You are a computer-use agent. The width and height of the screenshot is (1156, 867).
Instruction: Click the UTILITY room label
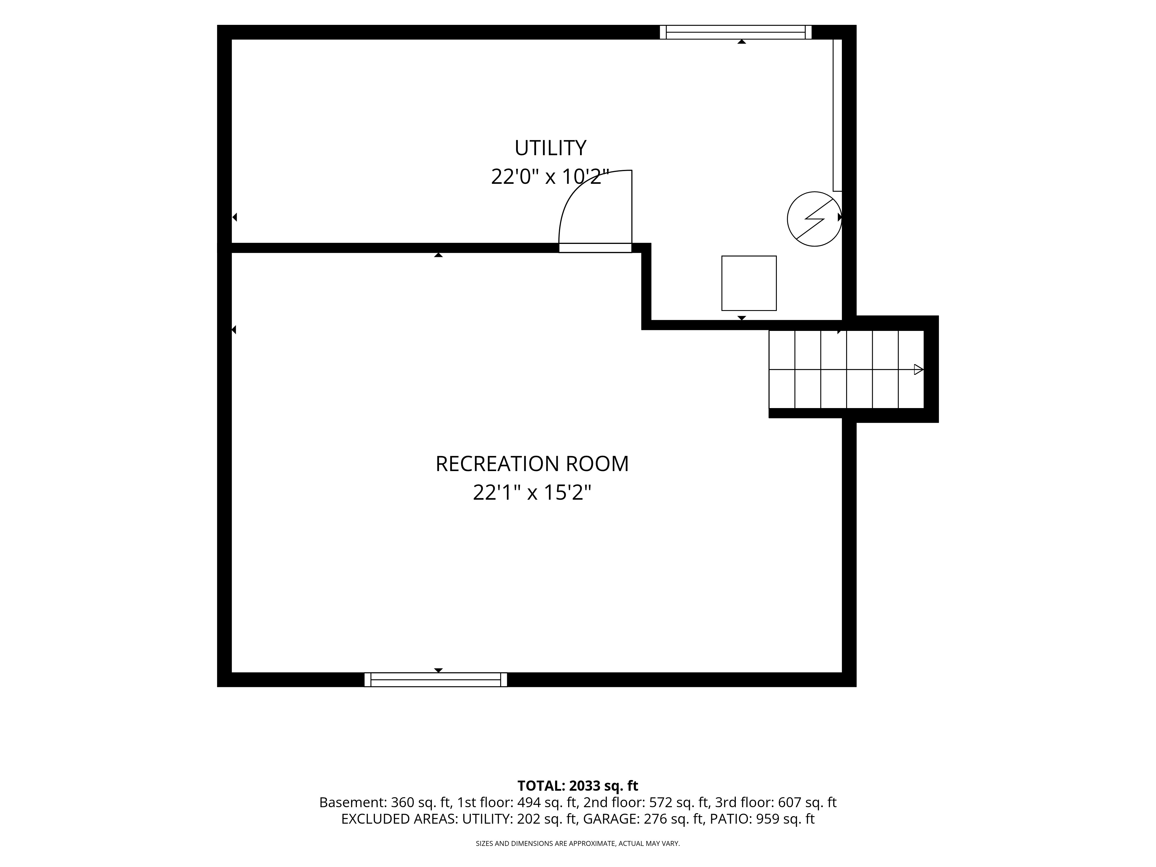tap(550, 149)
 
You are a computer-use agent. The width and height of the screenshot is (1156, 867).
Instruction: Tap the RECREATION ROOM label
tap(532, 464)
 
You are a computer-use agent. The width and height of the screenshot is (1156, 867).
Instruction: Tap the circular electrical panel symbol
tap(814, 219)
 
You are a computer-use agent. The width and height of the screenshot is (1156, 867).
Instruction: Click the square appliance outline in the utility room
tap(749, 283)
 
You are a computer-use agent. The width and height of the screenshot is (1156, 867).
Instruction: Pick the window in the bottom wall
tap(435, 680)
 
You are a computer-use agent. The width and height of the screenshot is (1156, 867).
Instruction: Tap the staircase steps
tap(846, 369)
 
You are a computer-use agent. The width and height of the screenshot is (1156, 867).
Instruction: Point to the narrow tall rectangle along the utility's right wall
tap(837, 115)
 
